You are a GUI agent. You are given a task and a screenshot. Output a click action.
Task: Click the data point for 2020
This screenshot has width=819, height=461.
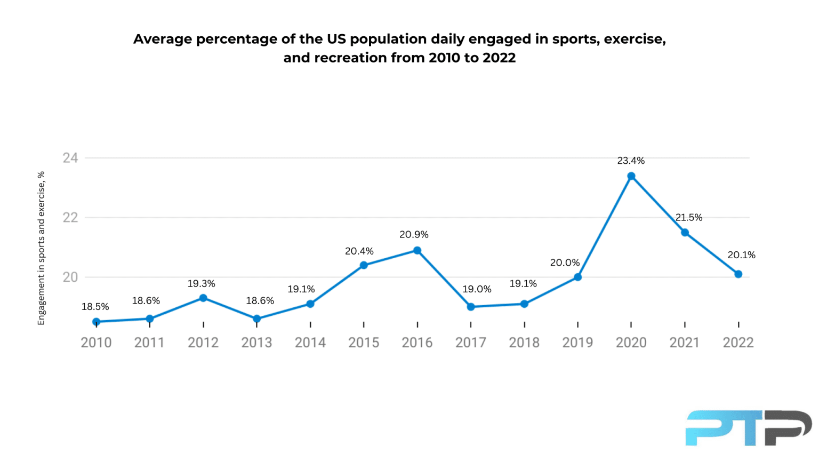pos(631,176)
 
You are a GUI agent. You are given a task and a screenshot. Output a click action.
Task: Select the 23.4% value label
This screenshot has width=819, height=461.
pos(631,161)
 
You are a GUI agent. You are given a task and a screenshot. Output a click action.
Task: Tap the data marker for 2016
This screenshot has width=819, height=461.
pos(417,251)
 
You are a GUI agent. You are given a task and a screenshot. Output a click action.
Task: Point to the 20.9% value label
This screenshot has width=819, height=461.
pos(414,235)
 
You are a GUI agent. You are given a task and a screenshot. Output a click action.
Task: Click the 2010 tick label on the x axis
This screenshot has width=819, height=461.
pos(96,343)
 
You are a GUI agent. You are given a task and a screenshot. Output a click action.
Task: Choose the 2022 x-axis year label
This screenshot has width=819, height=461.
pos(738,343)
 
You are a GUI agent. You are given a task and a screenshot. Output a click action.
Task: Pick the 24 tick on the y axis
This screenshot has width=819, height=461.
pos(70,158)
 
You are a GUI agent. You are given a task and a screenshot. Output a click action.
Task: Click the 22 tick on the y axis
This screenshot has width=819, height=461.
pos(70,218)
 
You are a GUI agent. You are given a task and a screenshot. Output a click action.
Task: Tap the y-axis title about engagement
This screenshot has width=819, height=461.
pos(41,248)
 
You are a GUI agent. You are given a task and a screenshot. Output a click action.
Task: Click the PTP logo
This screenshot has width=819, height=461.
pos(748,428)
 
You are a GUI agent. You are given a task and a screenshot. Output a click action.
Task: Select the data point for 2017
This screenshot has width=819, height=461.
pos(471,307)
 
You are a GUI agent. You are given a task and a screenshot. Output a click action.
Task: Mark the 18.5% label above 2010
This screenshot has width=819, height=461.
pos(95,307)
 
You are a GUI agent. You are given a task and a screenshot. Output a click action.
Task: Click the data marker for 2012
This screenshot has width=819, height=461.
pos(203,298)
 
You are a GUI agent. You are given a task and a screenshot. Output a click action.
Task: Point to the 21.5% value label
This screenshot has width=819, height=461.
pos(689,218)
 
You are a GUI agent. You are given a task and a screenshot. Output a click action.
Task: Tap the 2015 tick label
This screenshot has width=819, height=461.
pos(364,343)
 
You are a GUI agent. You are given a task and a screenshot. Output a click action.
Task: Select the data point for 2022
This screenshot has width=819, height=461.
pos(738,274)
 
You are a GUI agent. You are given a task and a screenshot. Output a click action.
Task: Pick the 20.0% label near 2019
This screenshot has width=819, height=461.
pos(565,263)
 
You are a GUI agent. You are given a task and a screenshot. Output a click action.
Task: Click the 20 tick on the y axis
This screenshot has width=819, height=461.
pos(70,277)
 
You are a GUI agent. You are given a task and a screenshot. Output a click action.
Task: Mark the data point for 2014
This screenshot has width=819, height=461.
pos(310,304)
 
